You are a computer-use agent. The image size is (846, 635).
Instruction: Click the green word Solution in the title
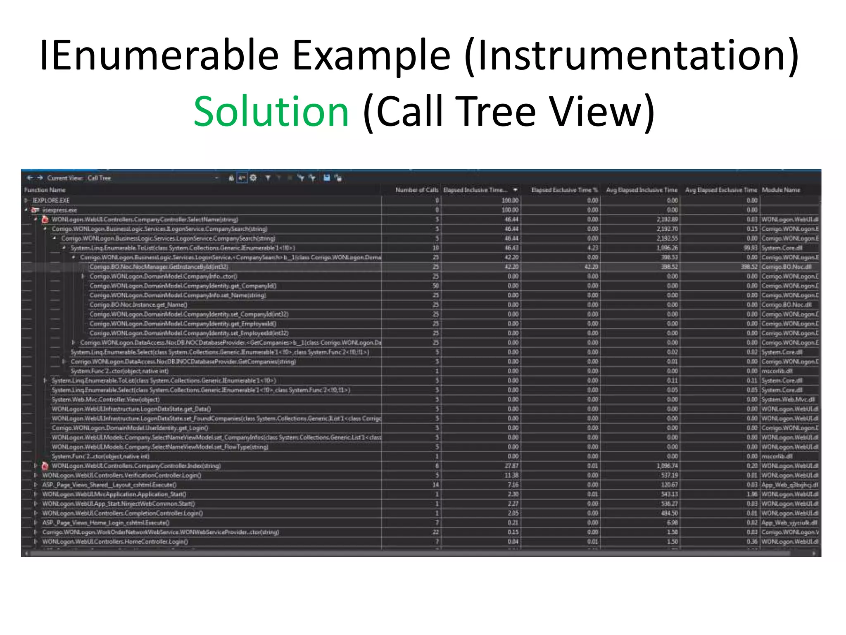(x=271, y=112)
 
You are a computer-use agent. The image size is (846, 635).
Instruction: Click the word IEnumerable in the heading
(x=159, y=55)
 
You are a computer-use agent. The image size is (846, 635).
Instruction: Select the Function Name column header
(x=45, y=190)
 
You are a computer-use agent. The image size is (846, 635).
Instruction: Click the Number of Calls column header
(x=416, y=190)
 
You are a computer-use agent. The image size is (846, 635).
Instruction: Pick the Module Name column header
(x=781, y=190)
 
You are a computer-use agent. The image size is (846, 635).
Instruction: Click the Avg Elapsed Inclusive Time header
(x=642, y=190)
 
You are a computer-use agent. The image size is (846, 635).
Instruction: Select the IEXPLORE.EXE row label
(x=51, y=201)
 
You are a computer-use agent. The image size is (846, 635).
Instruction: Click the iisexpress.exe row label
(x=60, y=210)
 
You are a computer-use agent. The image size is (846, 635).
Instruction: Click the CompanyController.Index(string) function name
(x=136, y=466)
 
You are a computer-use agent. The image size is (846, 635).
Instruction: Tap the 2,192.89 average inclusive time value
(x=668, y=220)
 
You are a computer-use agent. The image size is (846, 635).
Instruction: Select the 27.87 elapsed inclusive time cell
(x=511, y=466)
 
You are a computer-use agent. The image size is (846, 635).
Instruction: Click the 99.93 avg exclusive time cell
(x=751, y=248)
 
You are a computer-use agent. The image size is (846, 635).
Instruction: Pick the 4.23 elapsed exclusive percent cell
(x=592, y=248)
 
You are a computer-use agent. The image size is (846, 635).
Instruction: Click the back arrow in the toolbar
(x=30, y=178)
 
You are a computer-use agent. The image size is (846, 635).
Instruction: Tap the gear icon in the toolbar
(x=253, y=178)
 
